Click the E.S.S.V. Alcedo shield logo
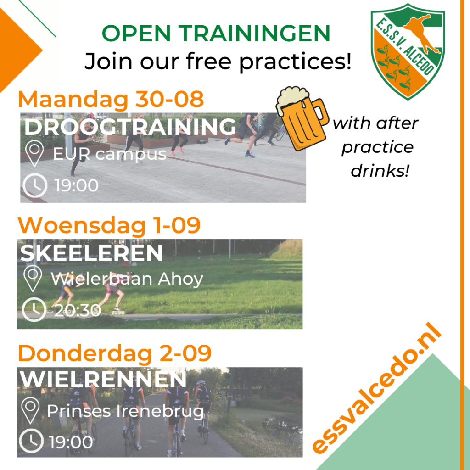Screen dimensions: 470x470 (408, 51)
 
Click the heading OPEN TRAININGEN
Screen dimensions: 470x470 (216, 33)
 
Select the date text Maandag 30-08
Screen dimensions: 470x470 (111, 99)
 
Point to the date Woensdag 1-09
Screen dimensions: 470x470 (109, 225)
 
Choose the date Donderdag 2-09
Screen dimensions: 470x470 (114, 353)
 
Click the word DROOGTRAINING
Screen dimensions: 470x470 (130, 127)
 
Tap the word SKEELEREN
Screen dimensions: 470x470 (91, 253)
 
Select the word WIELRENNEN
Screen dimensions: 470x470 (103, 379)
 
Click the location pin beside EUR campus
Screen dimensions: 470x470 (34, 153)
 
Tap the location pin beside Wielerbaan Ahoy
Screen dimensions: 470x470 (33, 279)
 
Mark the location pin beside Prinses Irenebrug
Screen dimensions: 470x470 (30, 410)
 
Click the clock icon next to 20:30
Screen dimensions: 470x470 (34, 310)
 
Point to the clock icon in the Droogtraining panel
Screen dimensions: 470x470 (35, 185)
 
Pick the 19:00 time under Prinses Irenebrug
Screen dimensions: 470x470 (71, 442)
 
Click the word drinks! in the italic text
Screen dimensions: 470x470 (380, 171)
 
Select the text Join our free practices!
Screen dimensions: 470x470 (218, 62)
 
